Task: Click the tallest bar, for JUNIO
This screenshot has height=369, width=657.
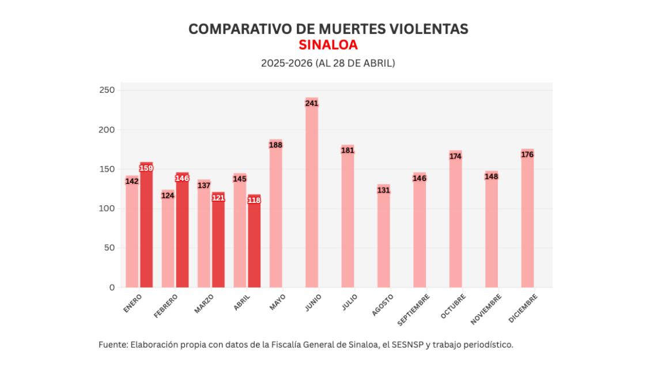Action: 312,196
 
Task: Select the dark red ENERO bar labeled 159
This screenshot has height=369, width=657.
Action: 146,228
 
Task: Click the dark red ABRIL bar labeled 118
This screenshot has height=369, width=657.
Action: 254,242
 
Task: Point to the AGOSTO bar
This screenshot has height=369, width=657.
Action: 384,239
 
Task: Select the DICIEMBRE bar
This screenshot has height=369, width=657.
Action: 527,219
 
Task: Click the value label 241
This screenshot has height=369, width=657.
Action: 312,103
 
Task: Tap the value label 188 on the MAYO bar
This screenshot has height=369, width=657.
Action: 275,145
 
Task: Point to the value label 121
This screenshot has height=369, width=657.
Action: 218,198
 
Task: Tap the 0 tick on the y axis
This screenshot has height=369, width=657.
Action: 112,287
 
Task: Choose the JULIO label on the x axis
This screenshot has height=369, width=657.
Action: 349,303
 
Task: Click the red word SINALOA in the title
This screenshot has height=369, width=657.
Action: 328,45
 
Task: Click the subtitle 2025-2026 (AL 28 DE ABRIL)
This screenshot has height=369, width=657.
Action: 328,63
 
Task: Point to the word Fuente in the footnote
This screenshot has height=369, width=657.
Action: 112,345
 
